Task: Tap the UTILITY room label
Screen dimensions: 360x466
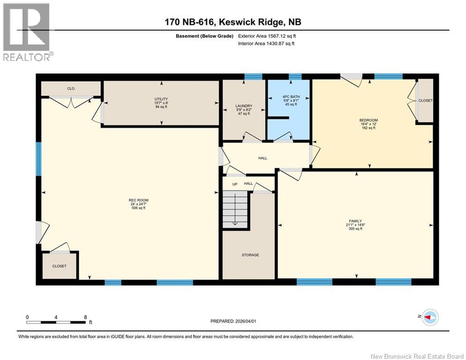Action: [161, 99]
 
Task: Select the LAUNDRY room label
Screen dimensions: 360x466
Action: [244, 106]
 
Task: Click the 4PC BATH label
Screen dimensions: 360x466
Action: [288, 97]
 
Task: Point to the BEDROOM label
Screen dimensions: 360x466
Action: [368, 120]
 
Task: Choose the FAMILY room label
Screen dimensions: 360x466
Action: [355, 221]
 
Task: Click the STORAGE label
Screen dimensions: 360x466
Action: [250, 255]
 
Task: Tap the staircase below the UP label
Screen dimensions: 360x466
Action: [235, 210]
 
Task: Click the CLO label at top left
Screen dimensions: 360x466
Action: [71, 88]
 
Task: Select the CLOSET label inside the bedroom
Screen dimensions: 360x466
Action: [425, 101]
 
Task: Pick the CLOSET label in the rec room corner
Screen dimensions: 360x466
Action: [59, 266]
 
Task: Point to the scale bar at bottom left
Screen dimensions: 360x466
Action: [56, 322]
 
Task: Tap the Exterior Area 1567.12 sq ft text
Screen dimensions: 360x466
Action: [266, 36]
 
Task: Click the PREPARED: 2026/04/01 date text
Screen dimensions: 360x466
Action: [238, 321]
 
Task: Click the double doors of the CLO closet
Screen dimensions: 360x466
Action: [72, 100]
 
